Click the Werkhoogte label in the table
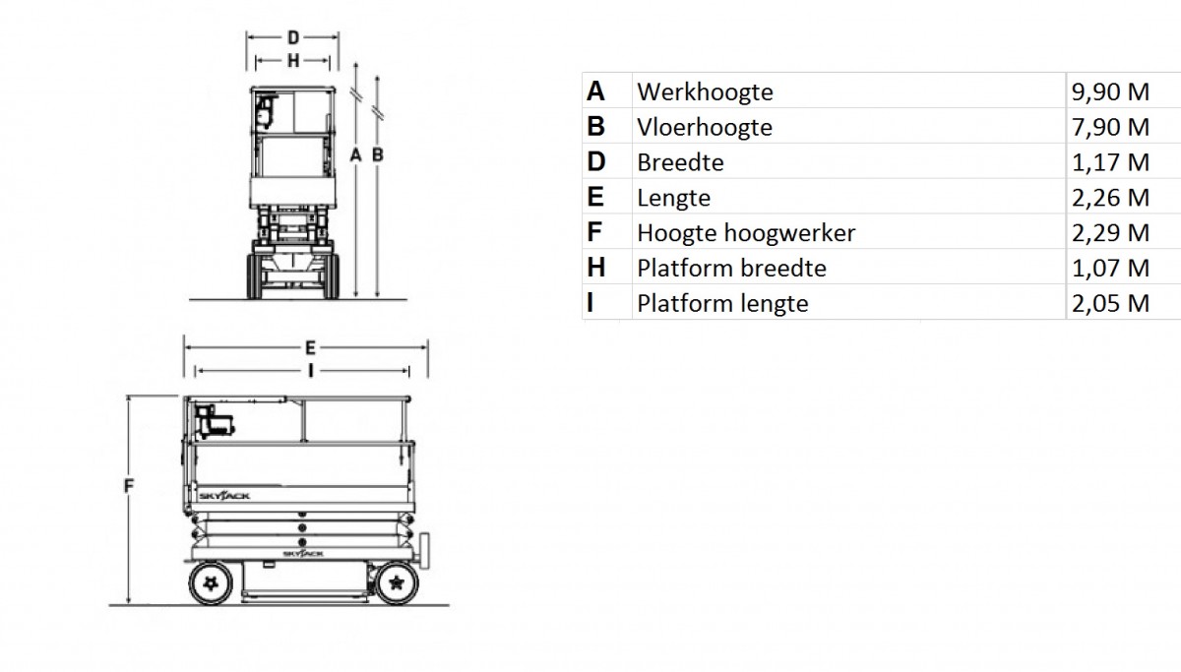click(x=705, y=92)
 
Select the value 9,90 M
click(x=1110, y=92)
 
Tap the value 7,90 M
click(x=1110, y=127)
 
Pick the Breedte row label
click(x=680, y=162)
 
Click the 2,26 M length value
click(x=1110, y=198)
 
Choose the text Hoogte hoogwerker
click(x=746, y=233)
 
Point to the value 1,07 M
click(x=1110, y=269)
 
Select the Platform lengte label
click(x=722, y=304)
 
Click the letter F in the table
click(x=594, y=232)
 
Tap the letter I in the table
click(x=590, y=303)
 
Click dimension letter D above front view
click(x=293, y=37)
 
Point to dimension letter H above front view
click(x=293, y=61)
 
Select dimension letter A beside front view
click(x=356, y=154)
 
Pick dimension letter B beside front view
click(x=378, y=154)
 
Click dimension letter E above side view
click(x=311, y=348)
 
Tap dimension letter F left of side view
click(x=129, y=485)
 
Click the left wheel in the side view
click(x=211, y=582)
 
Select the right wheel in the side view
click(x=397, y=582)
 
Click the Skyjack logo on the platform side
click(x=224, y=496)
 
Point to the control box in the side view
click(x=214, y=421)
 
